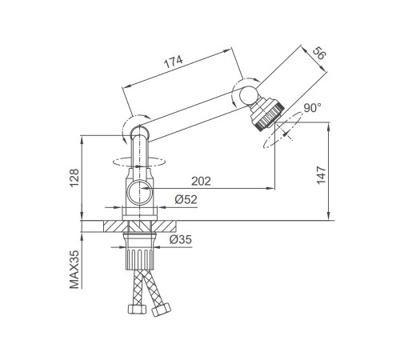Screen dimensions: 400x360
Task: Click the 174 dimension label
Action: [174, 62]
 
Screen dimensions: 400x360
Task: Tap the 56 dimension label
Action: [319, 53]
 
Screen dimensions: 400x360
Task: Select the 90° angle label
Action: [312, 108]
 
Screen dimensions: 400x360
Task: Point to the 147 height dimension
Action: [322, 175]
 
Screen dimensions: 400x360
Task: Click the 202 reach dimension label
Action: [201, 182]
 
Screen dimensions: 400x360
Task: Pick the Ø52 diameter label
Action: [186, 199]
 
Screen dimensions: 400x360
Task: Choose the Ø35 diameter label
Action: [181, 239]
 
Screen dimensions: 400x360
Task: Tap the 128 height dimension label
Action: [74, 178]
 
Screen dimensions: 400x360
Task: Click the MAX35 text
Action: [74, 270]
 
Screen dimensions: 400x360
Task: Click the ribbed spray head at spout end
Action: [266, 114]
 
